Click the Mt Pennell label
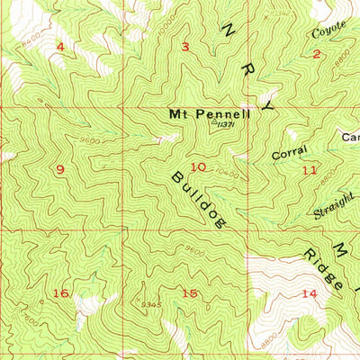coord(207,114)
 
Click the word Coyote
coord(328,32)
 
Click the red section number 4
coord(60,46)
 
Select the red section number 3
coord(184,47)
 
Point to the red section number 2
coord(316,54)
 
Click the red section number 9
coord(60,169)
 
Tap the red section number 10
coord(198,166)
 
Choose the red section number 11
coord(310,169)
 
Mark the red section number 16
coord(60,293)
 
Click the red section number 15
coord(189,293)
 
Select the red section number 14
coord(310,293)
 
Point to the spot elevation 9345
coord(151,305)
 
